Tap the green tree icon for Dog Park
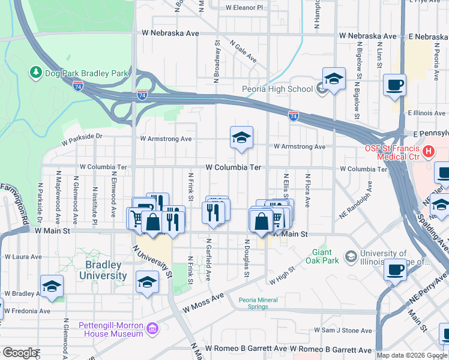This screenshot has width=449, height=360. coord(35,73)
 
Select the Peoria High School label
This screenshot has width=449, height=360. coord(277,89)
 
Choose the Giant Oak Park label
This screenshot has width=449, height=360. coord(322,256)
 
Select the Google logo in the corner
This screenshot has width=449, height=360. coord(20,353)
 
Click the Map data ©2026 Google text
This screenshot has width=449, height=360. coord(412,355)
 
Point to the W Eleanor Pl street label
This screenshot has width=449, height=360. coord(244,8)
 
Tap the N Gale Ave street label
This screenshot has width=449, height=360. coord(243,52)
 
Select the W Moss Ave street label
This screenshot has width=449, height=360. coord(203,304)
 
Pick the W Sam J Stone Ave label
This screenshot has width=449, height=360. coord(343,331)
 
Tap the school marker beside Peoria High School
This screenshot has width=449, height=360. coord(334,79)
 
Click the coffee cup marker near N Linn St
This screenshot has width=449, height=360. coord(394,85)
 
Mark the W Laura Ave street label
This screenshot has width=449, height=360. coord(23,257)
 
